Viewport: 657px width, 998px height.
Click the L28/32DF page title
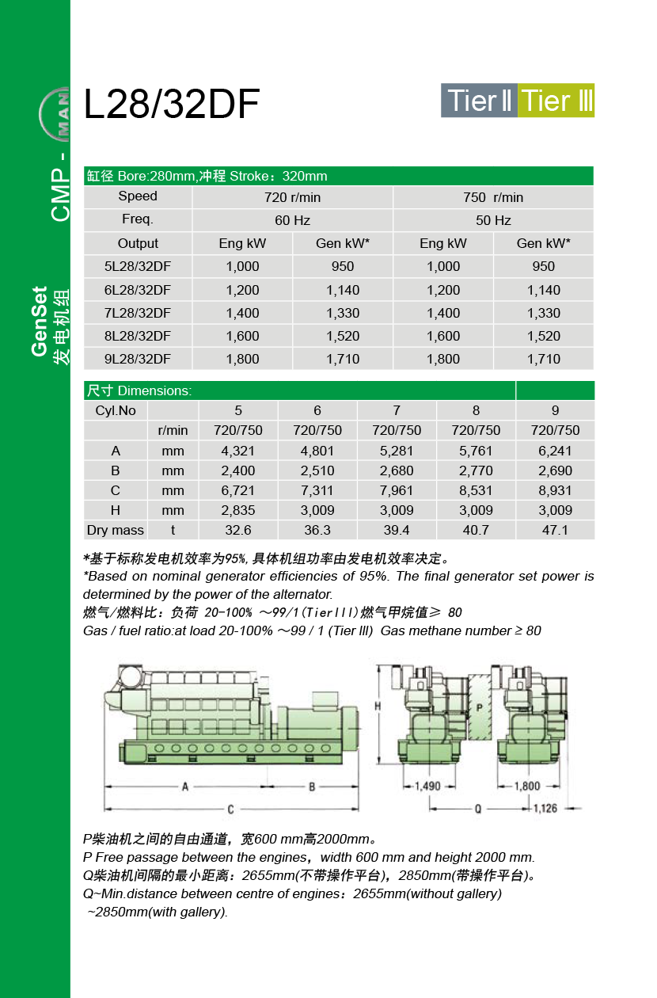click(x=172, y=105)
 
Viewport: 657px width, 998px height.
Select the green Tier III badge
click(x=556, y=101)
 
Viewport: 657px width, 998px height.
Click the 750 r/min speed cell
click(x=493, y=197)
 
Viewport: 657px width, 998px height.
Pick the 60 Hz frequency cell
click(x=292, y=220)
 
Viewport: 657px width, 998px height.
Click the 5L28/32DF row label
click(x=138, y=266)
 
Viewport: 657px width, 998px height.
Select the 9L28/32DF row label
click(x=138, y=359)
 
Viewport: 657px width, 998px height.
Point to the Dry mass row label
click(x=116, y=530)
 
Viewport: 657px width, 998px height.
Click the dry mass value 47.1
click(x=555, y=530)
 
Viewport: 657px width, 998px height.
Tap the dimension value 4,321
click(x=238, y=451)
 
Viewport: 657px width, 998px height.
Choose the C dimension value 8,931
click(x=555, y=490)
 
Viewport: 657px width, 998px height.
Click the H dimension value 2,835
click(x=238, y=510)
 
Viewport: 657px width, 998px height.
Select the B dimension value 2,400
click(x=238, y=470)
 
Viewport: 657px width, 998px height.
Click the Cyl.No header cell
click(x=116, y=410)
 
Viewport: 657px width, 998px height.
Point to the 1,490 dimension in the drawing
click(x=427, y=787)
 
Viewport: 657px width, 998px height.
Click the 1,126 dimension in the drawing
click(x=545, y=809)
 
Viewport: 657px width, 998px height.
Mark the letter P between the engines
click(x=480, y=706)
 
